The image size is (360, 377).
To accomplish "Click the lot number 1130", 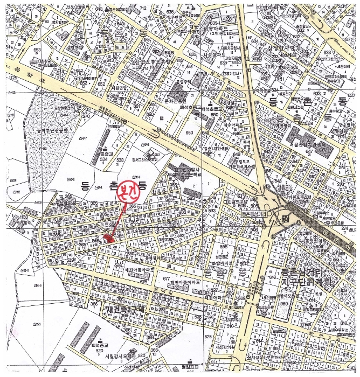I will pos(23,217).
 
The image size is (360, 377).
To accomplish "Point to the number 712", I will pos(142,8).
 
